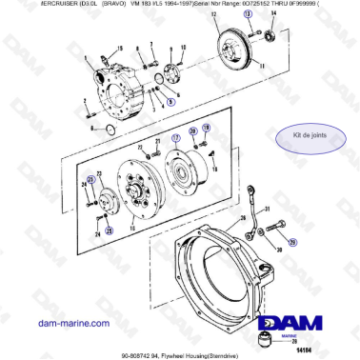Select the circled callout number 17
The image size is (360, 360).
(174, 137)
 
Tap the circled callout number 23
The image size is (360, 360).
(91, 178)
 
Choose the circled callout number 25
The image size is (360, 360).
(108, 230)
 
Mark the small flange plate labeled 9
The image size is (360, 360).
(173, 73)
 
